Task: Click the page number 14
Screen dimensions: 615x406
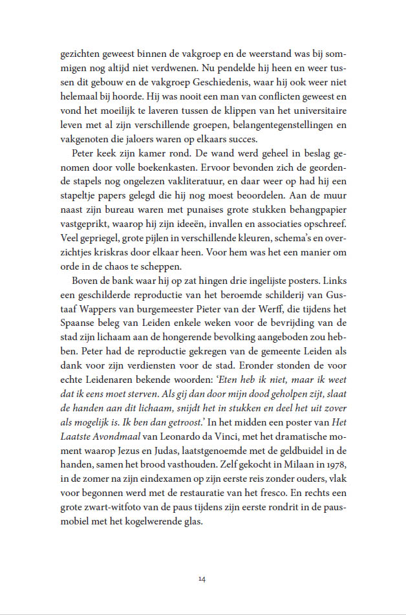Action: (x=202, y=579)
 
